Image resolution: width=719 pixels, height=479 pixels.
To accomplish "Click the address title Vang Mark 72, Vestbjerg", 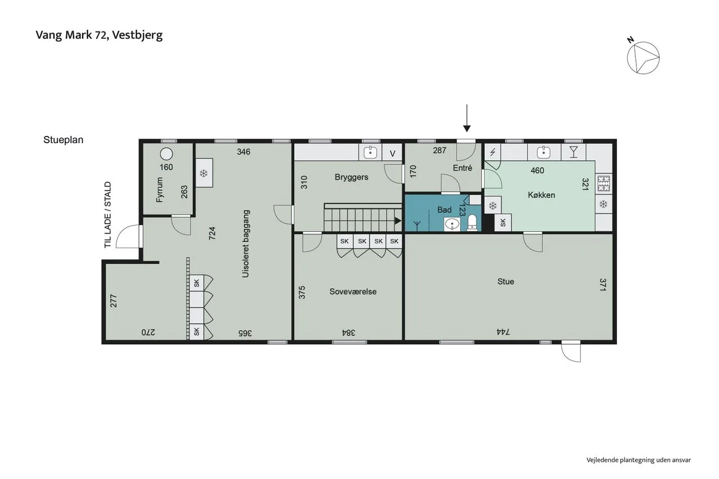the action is [x=99, y=35].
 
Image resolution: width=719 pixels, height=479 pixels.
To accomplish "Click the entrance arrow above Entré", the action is [x=467, y=118].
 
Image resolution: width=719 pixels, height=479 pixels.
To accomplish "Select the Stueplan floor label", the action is [x=63, y=140].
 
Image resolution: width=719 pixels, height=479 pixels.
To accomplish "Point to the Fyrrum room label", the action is [x=160, y=190].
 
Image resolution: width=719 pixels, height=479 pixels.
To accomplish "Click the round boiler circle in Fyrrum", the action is [x=166, y=154].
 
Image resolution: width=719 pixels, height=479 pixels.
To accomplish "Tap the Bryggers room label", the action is [x=352, y=177].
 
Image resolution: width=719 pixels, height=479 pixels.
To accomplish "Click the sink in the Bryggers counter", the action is [x=370, y=152].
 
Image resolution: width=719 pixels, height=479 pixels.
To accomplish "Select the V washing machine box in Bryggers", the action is [x=392, y=152].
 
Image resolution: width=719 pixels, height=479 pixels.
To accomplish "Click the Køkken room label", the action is [x=541, y=195].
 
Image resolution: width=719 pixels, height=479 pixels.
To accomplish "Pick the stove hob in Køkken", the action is [x=604, y=184].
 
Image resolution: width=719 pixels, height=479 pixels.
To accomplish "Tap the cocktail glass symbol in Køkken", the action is [x=574, y=152].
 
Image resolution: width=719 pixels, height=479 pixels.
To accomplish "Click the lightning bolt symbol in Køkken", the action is [x=493, y=152].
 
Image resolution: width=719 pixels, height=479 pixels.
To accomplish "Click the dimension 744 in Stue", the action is [x=503, y=332].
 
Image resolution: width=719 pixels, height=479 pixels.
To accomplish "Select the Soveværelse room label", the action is [x=353, y=291].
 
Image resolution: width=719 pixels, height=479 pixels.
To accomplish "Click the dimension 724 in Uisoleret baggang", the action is [x=212, y=233].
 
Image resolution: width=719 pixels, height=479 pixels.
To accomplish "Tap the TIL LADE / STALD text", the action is [x=107, y=215].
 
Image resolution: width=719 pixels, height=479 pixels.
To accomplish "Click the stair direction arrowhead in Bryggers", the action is [x=398, y=221].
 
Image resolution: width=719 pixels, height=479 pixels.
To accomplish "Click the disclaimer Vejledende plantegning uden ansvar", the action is [x=639, y=460].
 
